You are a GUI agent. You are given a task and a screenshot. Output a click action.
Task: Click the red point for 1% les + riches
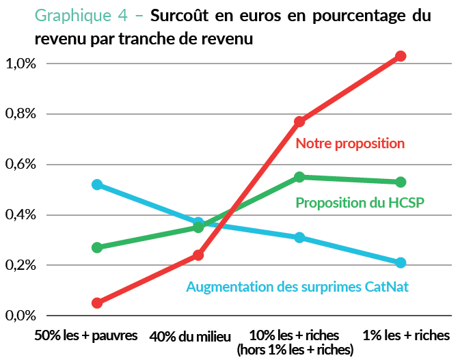tap(401, 56)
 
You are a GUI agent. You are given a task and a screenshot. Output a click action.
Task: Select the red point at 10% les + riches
tap(299, 122)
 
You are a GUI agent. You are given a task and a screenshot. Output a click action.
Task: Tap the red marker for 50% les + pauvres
tap(97, 303)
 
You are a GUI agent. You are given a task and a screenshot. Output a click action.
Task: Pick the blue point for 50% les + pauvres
tap(97, 184)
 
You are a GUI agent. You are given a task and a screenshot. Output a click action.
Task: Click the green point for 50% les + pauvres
tap(97, 247)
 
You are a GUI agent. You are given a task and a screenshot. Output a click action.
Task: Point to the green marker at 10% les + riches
tap(299, 177)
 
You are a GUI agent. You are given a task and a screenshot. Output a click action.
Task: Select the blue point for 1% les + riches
tap(401, 262)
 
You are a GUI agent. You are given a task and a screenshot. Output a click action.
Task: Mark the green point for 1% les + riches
tap(401, 182)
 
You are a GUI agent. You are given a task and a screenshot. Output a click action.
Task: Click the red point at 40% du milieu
tap(198, 255)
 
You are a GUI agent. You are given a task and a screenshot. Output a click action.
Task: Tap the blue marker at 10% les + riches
tap(299, 238)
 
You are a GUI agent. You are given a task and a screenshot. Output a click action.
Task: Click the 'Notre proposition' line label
tap(350, 144)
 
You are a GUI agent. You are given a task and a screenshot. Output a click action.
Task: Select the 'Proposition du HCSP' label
tap(360, 203)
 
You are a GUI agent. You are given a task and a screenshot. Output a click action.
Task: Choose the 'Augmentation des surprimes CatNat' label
tap(297, 287)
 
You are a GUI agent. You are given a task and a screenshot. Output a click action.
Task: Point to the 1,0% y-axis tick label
tap(21, 64)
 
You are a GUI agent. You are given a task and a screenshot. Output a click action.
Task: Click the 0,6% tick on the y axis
tap(21, 165)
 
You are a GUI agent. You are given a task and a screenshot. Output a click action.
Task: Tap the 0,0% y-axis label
tap(21, 316)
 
